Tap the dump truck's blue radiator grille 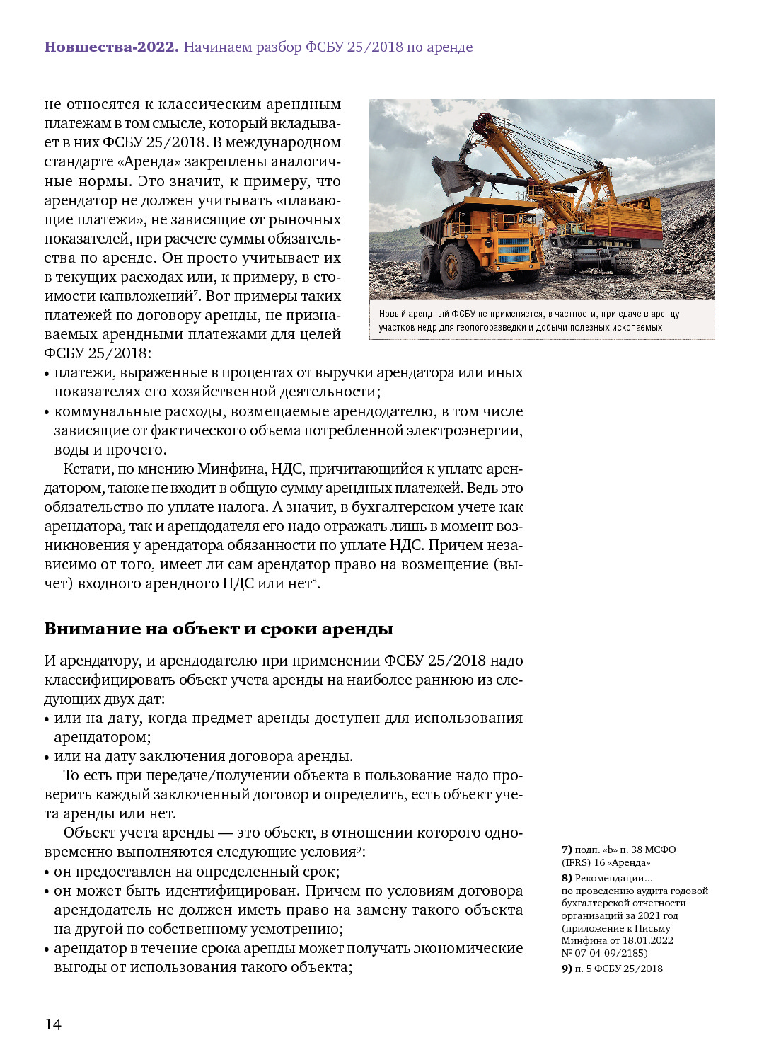[x=513, y=250]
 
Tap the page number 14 [x=53, y=1024]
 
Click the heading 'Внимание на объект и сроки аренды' [x=219, y=629]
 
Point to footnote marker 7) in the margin [x=567, y=850]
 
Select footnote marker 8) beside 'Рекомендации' [x=567, y=878]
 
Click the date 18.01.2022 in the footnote [x=648, y=940]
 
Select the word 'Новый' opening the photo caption [x=392, y=314]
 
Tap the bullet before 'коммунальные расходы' [x=47, y=412]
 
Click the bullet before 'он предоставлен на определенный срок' [x=47, y=872]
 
